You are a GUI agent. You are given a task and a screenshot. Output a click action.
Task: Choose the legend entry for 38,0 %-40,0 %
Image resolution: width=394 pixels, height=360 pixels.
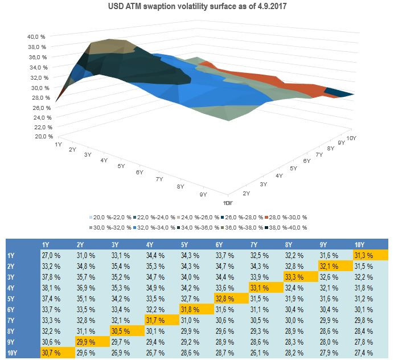tap(285, 227)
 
